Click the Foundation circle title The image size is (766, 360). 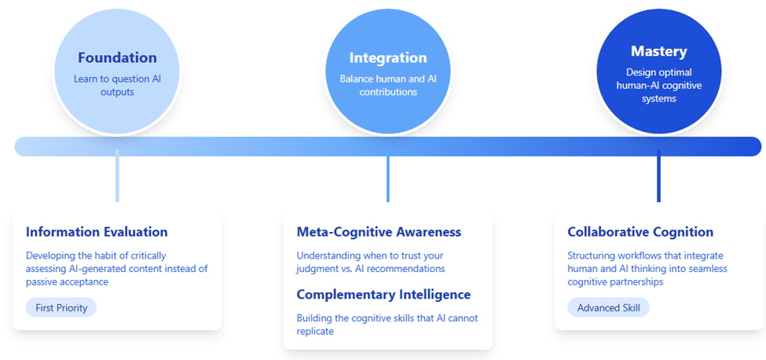117,57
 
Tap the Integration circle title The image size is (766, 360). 388,57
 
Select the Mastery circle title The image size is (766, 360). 658,51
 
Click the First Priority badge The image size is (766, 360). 61,308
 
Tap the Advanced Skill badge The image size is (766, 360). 608,308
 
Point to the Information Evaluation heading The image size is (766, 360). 97,232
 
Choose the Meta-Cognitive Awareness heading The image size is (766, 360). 379,232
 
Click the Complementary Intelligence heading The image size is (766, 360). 383,295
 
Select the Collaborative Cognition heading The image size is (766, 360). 640,232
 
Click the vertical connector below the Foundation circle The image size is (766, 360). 117,176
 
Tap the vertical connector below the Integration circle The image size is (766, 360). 388,178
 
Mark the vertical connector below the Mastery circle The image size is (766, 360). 658,176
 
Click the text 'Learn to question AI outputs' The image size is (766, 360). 117,85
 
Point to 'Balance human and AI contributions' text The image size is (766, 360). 388,85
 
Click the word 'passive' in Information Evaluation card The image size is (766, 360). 40,282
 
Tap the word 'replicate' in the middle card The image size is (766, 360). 315,332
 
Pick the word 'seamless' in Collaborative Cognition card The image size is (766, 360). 709,269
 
